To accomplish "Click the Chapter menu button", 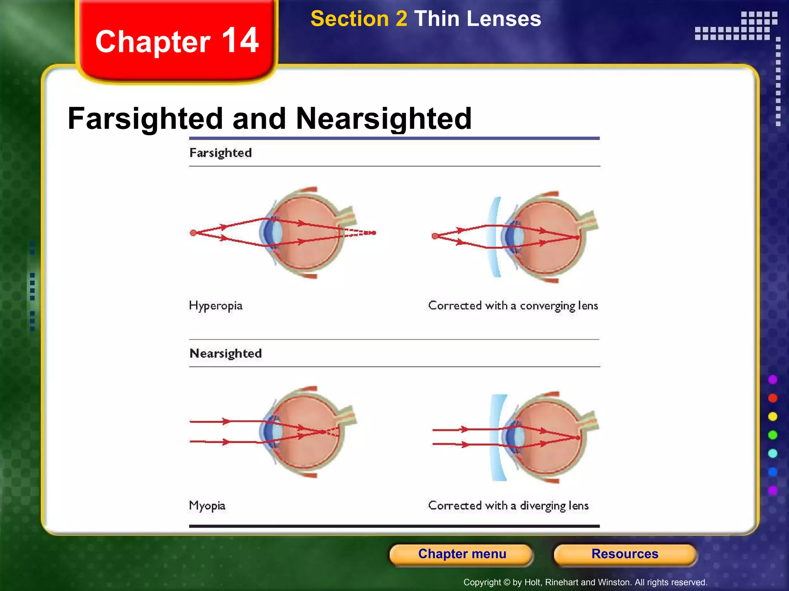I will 462,554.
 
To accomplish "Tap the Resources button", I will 624,554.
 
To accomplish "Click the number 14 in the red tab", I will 240,40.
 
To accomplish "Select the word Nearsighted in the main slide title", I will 383,119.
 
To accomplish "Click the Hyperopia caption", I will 216,306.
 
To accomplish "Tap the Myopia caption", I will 207,506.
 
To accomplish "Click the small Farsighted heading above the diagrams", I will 220,153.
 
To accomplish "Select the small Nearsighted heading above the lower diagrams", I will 225,353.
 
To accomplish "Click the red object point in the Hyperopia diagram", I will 193,233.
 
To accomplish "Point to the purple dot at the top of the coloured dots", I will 772,380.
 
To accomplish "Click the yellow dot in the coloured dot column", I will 772,417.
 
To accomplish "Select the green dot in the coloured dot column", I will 772,435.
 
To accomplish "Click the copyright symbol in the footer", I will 507,583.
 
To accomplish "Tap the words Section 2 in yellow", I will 359,19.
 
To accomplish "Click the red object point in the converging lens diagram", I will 435,236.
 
